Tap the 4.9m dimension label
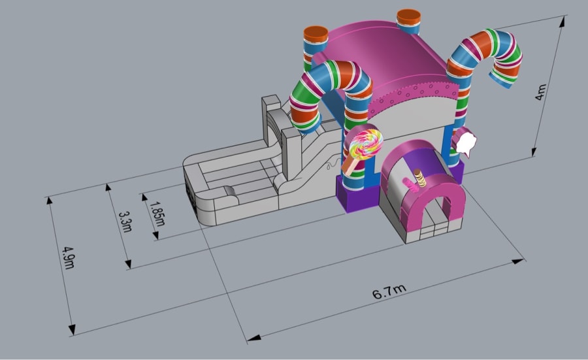pyautogui.click(x=69, y=257)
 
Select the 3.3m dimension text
pyautogui.click(x=125, y=222)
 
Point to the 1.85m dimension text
pyautogui.click(x=157, y=214)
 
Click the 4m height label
pyautogui.click(x=540, y=92)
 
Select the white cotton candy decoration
pyautogui.click(x=466, y=143)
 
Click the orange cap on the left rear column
pyautogui.click(x=316, y=35)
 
